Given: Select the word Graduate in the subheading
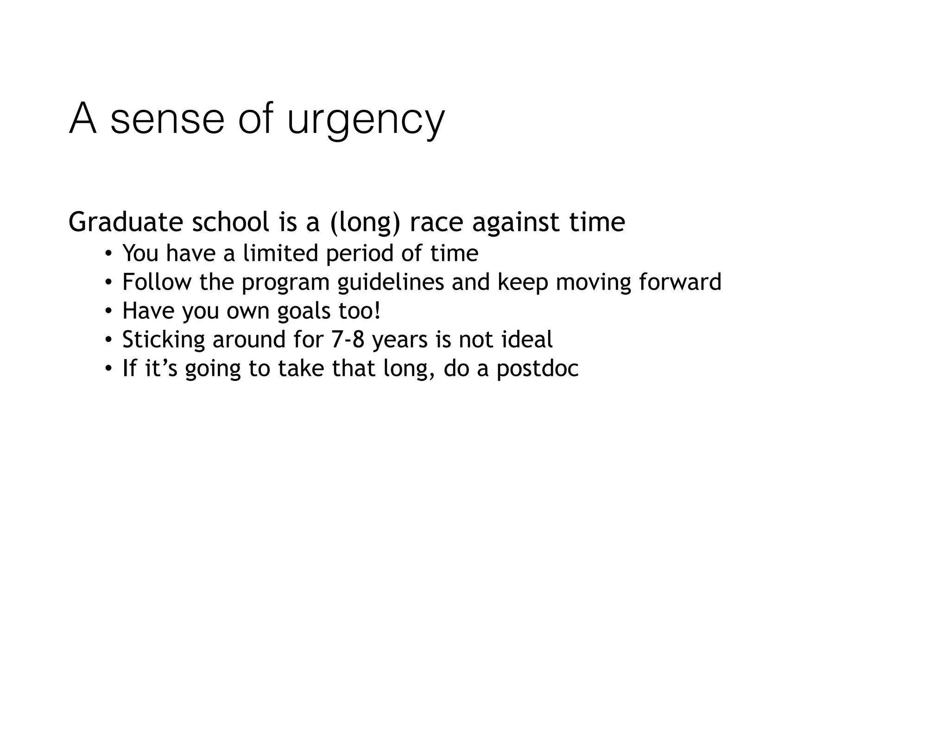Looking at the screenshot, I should tap(126, 222).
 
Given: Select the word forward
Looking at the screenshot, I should tap(680, 282).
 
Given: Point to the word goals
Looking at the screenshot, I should tap(304, 311).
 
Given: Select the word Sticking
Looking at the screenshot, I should tap(164, 340).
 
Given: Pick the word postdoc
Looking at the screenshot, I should tap(538, 369).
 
